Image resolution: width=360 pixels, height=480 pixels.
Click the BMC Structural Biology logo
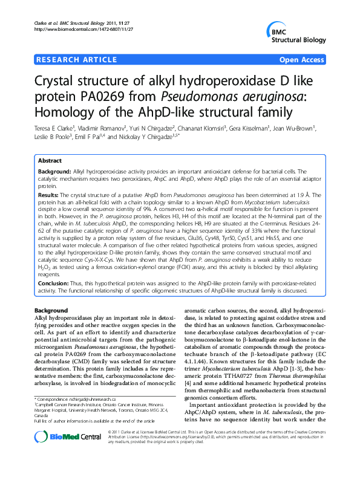[293, 34]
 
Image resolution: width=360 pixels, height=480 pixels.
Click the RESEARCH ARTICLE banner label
[77, 59]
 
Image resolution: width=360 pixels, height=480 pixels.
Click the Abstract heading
[50, 161]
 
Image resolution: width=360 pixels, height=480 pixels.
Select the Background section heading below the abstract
[51, 310]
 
